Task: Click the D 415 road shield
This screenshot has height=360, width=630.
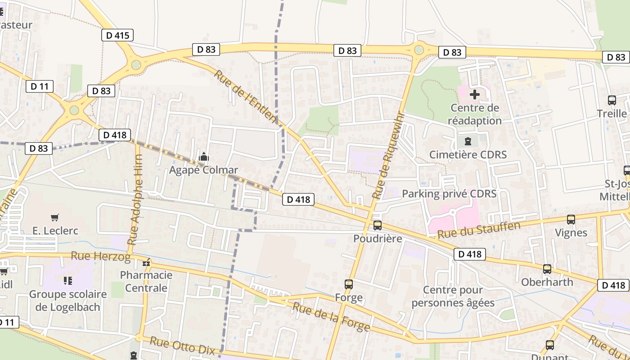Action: click(x=117, y=35)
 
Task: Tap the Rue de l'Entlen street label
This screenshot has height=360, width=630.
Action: click(x=245, y=96)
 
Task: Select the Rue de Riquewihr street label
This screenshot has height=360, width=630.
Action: click(x=389, y=156)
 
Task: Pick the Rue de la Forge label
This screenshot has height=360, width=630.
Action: click(x=331, y=317)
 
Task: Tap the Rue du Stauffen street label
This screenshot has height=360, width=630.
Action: click(x=479, y=230)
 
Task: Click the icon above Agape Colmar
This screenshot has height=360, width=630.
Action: click(x=204, y=157)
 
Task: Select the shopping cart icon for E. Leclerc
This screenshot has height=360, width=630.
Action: click(x=55, y=218)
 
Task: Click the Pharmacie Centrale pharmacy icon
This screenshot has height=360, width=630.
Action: click(x=146, y=262)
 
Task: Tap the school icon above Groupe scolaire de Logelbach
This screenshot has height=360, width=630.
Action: click(x=68, y=281)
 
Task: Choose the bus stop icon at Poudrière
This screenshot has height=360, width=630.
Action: click(x=378, y=225)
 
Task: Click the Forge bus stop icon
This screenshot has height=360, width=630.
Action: click(x=349, y=284)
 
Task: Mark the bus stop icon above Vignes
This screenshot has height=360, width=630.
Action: click(x=571, y=220)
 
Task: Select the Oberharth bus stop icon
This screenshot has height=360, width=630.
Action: click(x=547, y=269)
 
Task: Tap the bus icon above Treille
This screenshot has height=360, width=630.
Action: click(x=612, y=100)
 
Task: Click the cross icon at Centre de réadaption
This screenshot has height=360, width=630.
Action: click(x=475, y=94)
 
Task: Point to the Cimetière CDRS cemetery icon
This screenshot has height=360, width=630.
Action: click(x=468, y=141)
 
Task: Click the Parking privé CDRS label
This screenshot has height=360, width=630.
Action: click(x=449, y=194)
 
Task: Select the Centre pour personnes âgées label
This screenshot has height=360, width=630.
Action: click(x=453, y=296)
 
